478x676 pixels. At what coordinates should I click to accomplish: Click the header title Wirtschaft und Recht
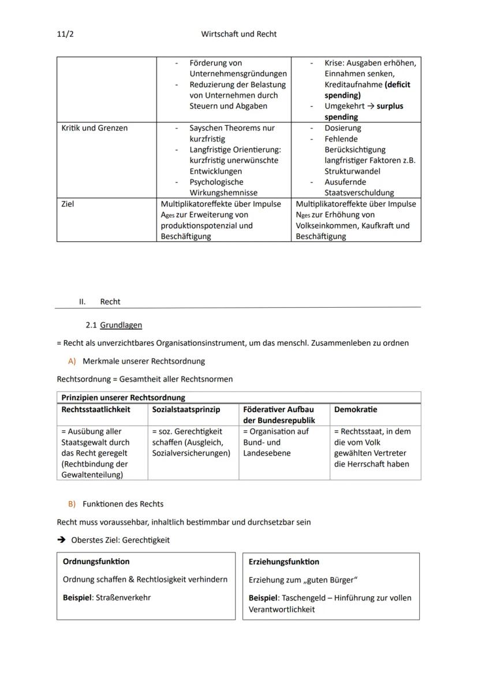click(x=238, y=34)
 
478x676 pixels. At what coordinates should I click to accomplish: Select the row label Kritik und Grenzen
click(x=87, y=128)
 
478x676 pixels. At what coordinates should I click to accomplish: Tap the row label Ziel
click(x=68, y=204)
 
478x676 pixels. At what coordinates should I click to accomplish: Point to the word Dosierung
click(x=342, y=128)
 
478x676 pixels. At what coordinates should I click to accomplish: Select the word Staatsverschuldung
click(x=359, y=193)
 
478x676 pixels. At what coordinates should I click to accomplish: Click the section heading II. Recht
click(x=100, y=301)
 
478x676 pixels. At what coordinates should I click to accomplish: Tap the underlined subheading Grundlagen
click(x=121, y=325)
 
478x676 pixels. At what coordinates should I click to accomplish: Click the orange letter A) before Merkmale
click(x=72, y=361)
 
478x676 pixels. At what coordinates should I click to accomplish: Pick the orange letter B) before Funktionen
click(x=72, y=503)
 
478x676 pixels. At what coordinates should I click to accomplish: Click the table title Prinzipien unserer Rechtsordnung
click(x=123, y=397)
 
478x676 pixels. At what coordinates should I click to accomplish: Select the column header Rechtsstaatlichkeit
click(x=96, y=409)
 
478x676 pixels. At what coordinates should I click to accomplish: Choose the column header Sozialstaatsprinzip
click(x=186, y=409)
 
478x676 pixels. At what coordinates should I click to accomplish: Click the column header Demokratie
click(x=355, y=409)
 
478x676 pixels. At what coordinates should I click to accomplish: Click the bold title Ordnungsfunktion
click(x=96, y=561)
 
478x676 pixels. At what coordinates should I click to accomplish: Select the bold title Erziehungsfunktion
click(x=283, y=562)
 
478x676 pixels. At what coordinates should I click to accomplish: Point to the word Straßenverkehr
click(x=123, y=597)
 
